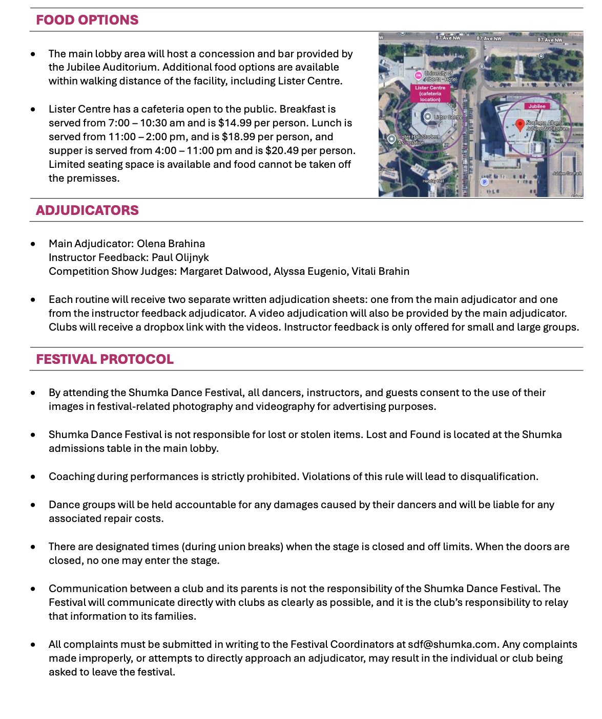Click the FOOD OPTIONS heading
[87, 20]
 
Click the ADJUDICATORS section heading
[87, 210]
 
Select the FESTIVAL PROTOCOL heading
[105, 359]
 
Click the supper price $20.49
[282, 150]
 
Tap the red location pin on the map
[520, 124]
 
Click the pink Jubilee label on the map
[537, 106]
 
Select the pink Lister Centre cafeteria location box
[430, 94]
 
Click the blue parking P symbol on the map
[485, 182]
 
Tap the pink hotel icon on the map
[418, 75]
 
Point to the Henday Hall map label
[433, 181]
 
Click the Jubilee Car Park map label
[567, 173]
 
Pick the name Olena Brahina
[171, 244]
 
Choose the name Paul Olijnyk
[180, 257]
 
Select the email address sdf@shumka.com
[452, 644]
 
